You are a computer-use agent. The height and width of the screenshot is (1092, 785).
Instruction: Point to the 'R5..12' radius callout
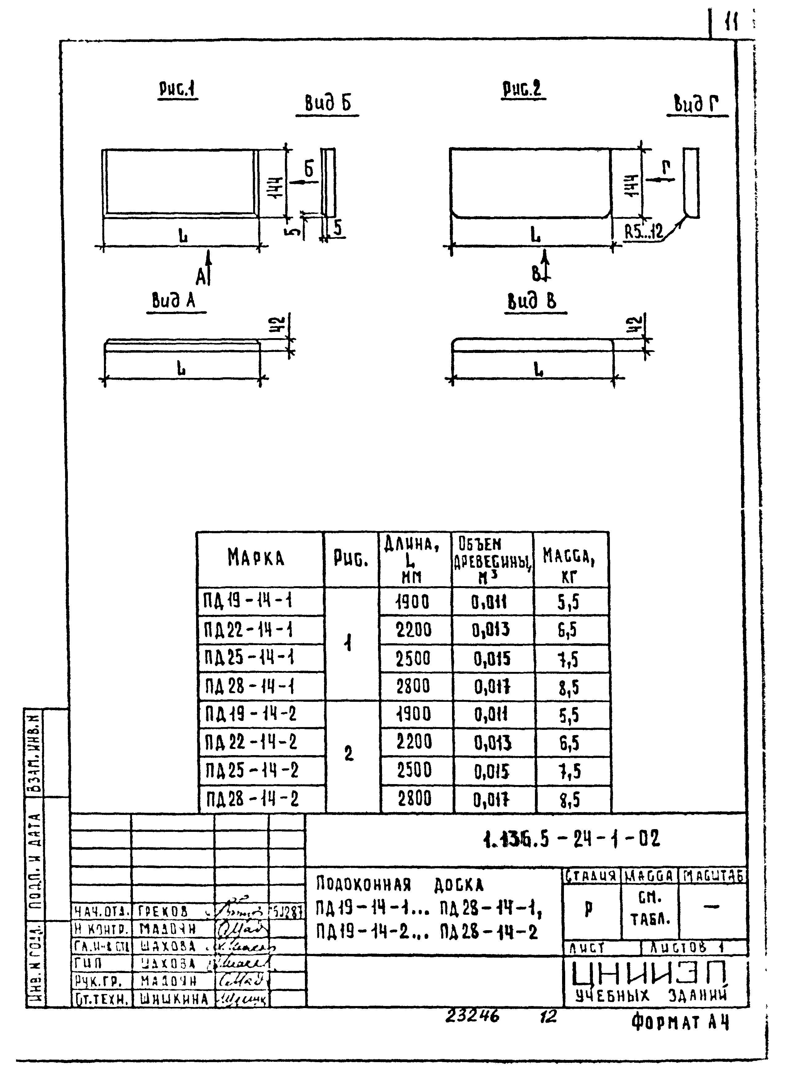[x=643, y=233]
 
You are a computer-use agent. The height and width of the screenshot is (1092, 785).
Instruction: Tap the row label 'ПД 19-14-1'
[x=248, y=601]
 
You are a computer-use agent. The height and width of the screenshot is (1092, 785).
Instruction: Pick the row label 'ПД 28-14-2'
[x=252, y=800]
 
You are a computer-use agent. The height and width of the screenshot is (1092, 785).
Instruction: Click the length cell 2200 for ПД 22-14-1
[x=414, y=630]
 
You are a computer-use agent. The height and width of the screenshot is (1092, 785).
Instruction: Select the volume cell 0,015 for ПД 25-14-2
[x=492, y=772]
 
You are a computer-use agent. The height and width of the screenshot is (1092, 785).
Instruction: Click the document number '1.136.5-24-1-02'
[x=571, y=839]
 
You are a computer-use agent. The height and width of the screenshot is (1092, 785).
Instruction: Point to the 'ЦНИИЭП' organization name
[x=649, y=975]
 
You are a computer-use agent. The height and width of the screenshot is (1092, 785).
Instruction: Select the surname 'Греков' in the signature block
[x=163, y=911]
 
